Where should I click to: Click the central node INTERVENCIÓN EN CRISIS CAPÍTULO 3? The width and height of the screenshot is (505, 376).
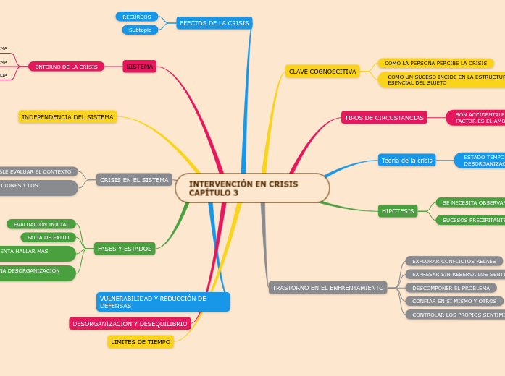coord(251,188)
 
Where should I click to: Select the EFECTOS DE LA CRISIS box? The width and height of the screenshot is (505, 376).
coord(214,23)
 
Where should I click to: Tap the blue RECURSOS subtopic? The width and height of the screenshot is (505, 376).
coord(137,17)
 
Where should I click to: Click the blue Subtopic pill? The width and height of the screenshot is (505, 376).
coord(140,30)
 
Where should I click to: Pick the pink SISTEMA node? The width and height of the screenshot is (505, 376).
coord(140,67)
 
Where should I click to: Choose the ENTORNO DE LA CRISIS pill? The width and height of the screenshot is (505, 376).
coord(66,67)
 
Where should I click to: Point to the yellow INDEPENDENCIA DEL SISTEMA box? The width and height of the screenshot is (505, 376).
coord(67,116)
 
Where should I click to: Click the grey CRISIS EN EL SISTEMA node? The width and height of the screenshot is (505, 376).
coord(134,179)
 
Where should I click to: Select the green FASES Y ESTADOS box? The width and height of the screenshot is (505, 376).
coord(125,248)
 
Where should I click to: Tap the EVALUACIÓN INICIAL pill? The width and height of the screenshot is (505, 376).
coord(41,224)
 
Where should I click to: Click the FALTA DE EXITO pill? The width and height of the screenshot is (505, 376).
coord(49,237)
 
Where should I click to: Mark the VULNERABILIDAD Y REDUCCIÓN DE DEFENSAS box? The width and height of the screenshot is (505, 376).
coord(163,302)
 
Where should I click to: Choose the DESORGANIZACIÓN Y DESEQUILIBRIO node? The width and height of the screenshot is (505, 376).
coord(130,323)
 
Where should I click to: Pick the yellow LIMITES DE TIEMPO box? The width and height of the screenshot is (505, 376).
coord(141,341)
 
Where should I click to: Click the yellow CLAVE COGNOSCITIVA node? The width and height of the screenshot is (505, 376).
coord(322,72)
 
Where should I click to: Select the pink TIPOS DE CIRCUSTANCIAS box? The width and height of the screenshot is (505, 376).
coord(384,117)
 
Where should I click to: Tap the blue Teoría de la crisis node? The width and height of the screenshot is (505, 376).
coord(406,160)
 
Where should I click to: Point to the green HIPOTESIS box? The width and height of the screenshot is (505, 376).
coord(398,211)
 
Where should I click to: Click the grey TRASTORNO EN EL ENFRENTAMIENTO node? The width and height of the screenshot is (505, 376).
coord(327,287)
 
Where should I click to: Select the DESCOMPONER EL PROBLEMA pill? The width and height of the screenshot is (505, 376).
coord(451,288)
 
